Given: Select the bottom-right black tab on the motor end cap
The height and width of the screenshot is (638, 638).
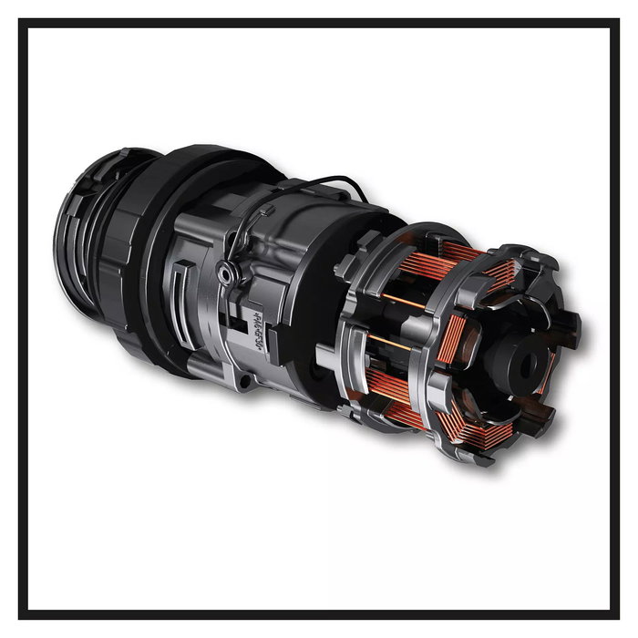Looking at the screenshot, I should coord(543,420).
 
